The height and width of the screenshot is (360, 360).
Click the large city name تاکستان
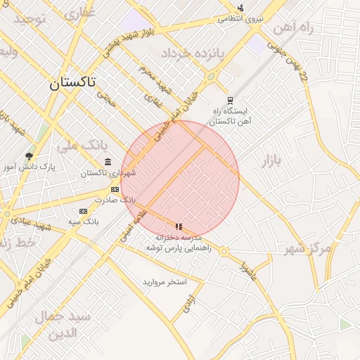tap(74, 83)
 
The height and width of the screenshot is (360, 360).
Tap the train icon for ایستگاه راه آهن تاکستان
tap(229, 101)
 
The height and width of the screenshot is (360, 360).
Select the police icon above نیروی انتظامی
tap(240, 8)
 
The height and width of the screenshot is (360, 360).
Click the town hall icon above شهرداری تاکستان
tap(108, 162)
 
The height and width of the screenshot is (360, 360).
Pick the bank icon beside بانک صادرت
tap(115, 189)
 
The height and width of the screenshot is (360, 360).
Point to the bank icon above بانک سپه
tap(83, 211)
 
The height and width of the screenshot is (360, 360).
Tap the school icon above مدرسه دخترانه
tap(179, 226)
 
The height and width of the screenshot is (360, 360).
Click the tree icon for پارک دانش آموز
tap(29, 156)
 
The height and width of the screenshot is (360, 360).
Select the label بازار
tap(271, 162)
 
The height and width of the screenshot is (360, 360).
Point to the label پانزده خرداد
tap(191, 53)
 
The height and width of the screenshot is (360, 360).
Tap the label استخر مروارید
tap(165, 282)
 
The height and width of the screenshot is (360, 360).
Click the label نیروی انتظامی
tap(240, 19)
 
